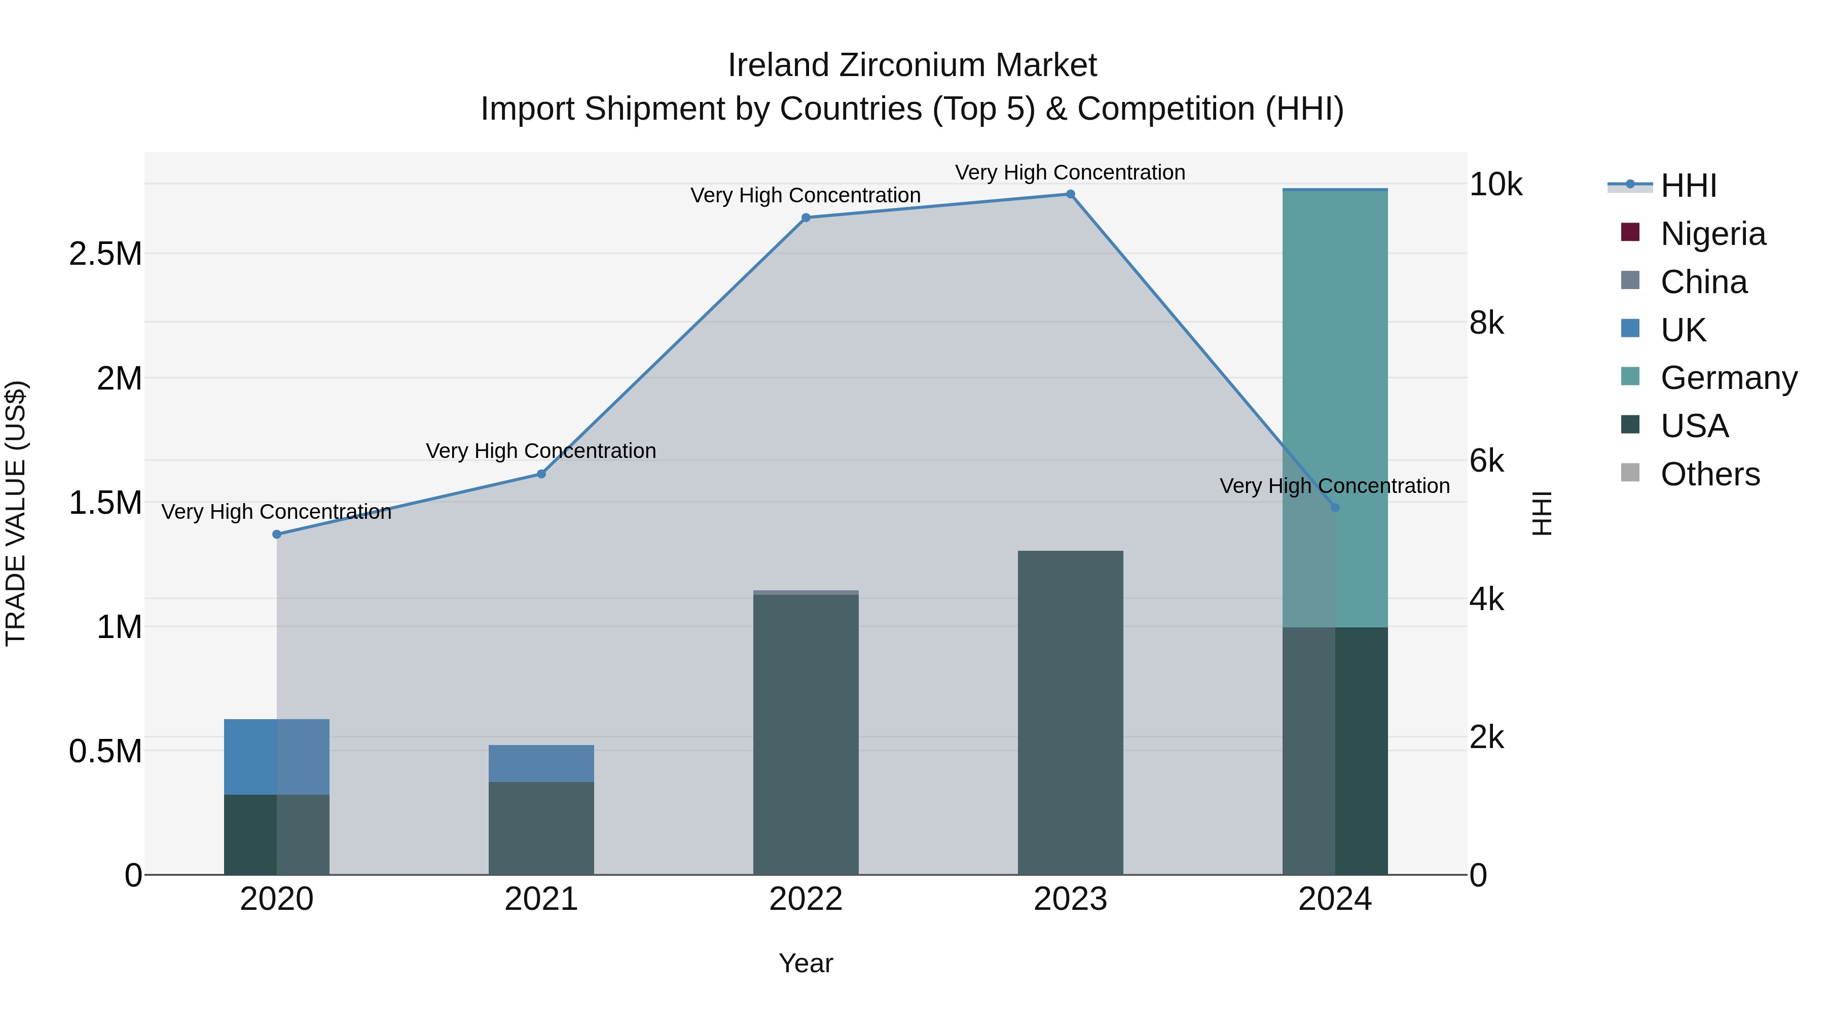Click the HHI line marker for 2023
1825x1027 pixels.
(x=1070, y=194)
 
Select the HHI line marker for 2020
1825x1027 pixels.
(x=277, y=535)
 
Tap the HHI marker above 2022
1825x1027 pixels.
(x=806, y=218)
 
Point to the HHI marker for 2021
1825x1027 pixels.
(x=541, y=474)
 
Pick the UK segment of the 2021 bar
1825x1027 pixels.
(x=541, y=763)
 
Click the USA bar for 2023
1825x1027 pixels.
(x=1070, y=713)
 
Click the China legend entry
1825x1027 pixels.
(x=1703, y=282)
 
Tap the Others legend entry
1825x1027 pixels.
(x=1709, y=474)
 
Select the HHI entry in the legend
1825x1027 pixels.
(x=1688, y=186)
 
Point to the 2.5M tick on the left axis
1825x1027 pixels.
(x=105, y=254)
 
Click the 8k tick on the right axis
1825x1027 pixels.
(x=1486, y=323)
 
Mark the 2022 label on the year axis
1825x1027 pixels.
(x=806, y=899)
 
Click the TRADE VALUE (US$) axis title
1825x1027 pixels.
(x=16, y=513)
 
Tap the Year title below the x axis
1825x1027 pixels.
(x=806, y=963)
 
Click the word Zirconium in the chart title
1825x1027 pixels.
(x=912, y=65)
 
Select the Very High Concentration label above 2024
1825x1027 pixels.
(x=1334, y=486)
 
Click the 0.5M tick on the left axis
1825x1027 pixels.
(x=105, y=751)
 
